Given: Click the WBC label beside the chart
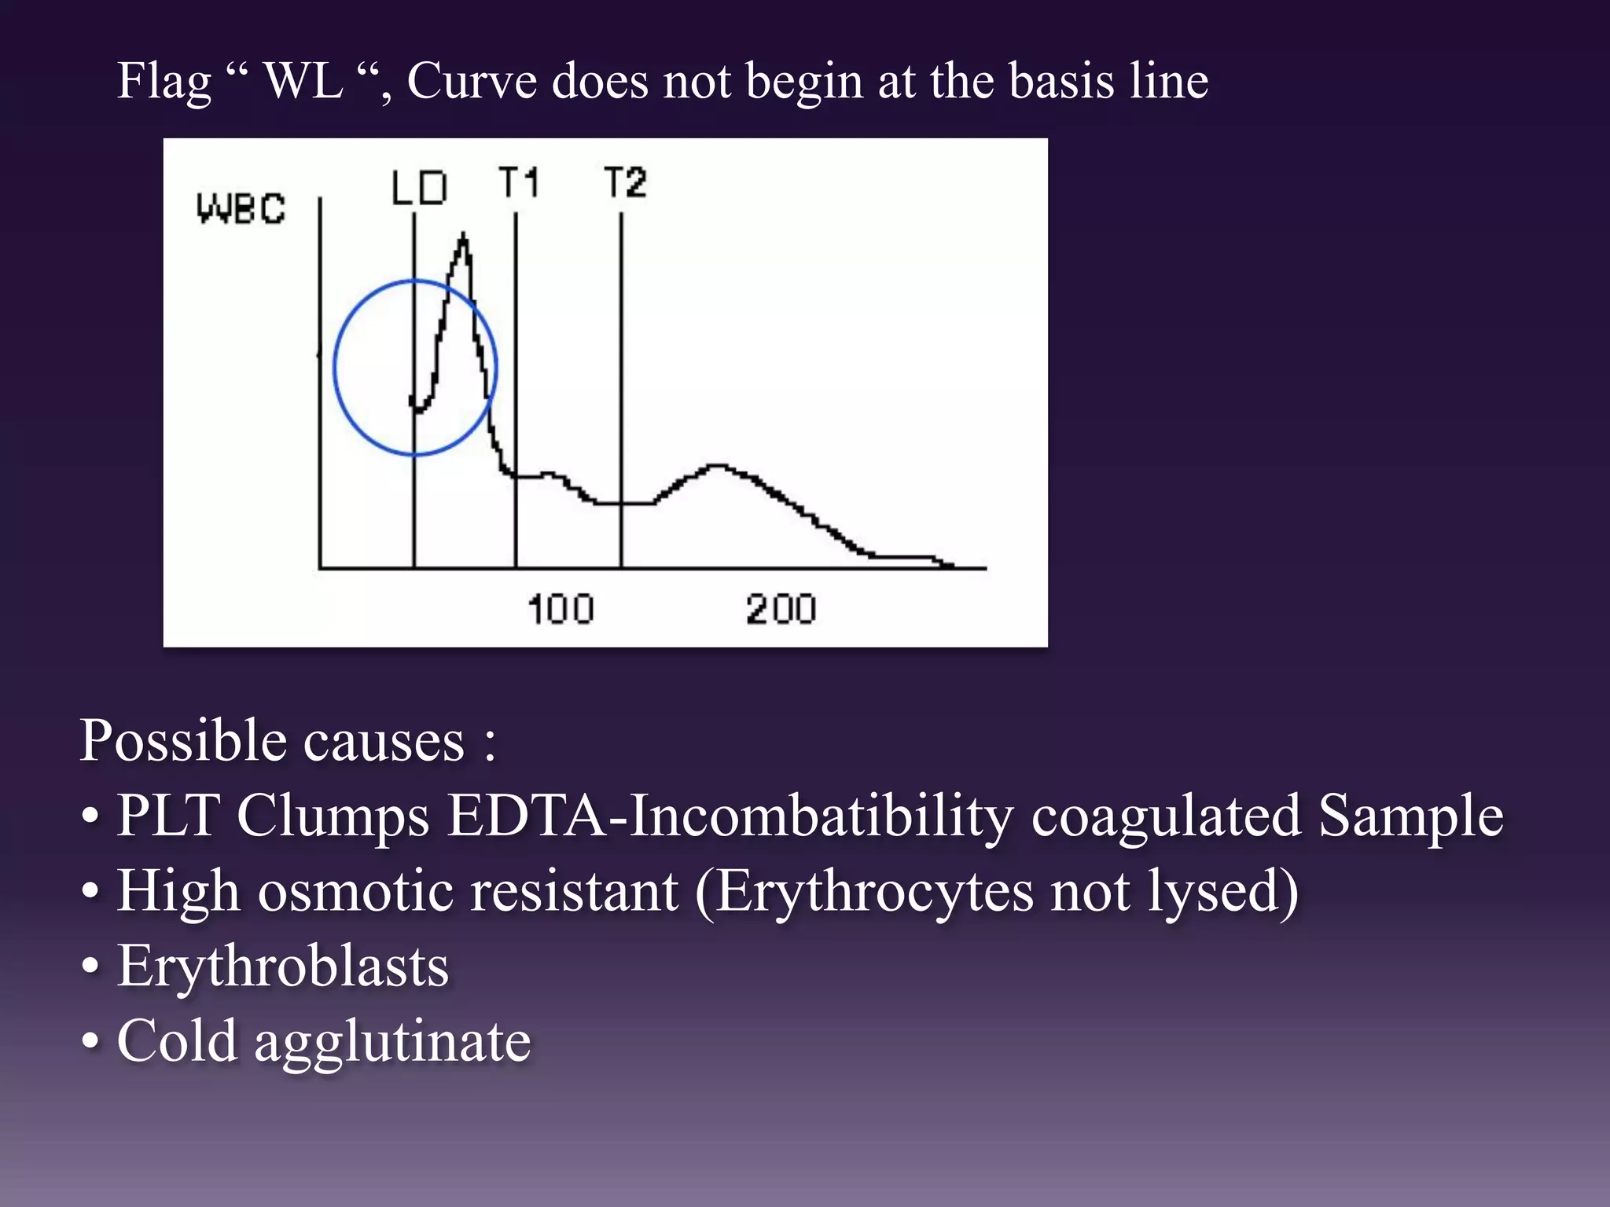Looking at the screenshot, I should coord(241,209).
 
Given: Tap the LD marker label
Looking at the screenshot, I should coord(419,189).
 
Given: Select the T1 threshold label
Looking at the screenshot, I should coord(519,183).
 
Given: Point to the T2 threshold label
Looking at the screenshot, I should coord(625,183).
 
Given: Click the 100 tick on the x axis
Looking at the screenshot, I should coord(561,610).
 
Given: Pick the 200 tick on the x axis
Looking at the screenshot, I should coord(781,610).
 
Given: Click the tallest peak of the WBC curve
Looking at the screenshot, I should coord(463,237).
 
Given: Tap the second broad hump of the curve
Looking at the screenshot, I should coord(718,468).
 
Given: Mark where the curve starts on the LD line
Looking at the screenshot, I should coord(414,403).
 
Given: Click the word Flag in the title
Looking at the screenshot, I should coord(164,82).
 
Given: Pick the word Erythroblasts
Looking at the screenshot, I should coord(283,966).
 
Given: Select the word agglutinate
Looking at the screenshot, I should coord(392,1042).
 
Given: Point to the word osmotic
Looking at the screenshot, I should coord(355,891).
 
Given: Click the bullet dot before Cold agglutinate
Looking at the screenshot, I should coord(90,1042).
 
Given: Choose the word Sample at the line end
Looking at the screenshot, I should coord(1410,816).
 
